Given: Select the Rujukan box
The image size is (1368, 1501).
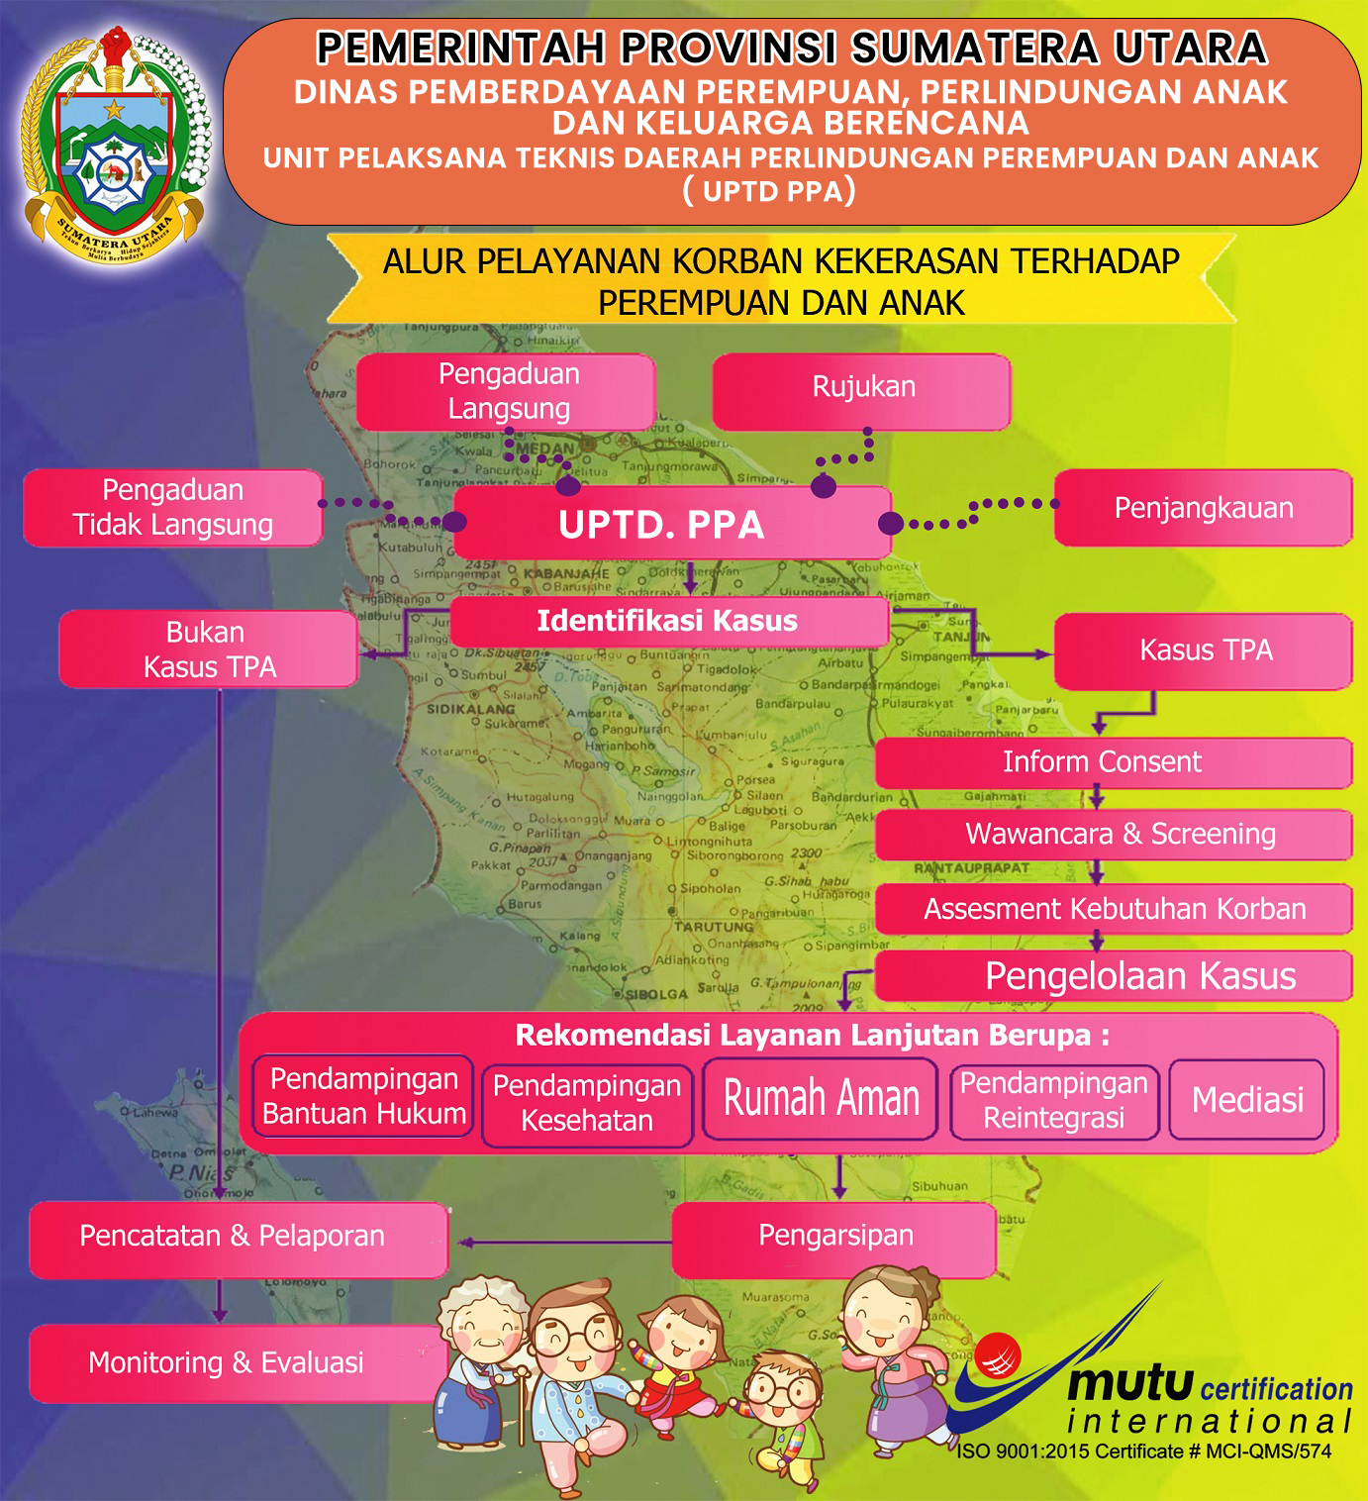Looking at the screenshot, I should [862, 388].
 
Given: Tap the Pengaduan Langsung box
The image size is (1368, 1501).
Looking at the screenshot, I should [507, 391].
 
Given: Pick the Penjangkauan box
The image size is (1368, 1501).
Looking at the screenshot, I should [1203, 508].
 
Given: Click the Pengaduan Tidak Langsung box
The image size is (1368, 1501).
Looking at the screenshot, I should [173, 507].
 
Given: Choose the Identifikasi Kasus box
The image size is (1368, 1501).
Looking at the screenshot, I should [668, 622].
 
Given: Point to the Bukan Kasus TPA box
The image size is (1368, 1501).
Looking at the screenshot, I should [208, 650].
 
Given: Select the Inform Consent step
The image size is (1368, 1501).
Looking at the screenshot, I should [1113, 762].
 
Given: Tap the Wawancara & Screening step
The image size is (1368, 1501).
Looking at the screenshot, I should [1113, 835].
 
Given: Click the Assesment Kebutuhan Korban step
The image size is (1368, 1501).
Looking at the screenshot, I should [1113, 909].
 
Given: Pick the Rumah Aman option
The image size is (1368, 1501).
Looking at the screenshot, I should [821, 1099].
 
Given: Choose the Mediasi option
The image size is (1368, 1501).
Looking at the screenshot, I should [1246, 1100].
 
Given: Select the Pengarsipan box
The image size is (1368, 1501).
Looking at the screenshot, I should [834, 1238].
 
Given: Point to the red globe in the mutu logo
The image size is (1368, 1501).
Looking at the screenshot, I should [998, 1356].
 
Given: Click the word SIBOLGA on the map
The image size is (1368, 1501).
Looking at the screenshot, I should [656, 993].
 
